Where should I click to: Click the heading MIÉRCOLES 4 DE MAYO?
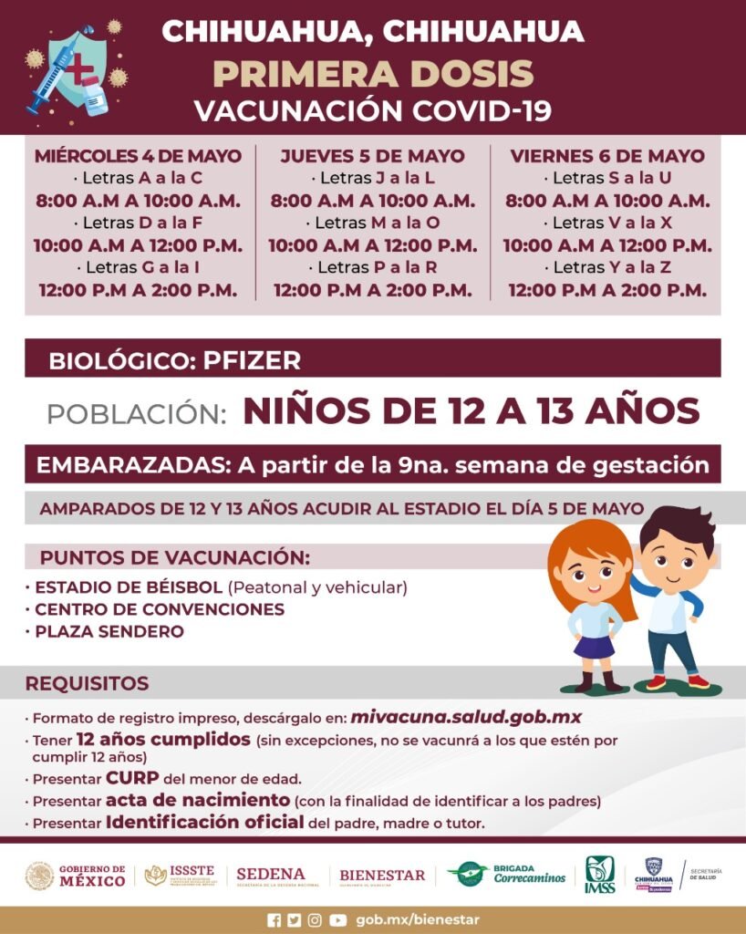[x=138, y=156]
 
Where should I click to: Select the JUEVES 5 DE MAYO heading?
[x=372, y=156]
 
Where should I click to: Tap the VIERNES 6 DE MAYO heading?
[x=607, y=156]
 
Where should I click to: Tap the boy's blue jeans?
[x=673, y=647]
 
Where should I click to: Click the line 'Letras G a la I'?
[x=138, y=267]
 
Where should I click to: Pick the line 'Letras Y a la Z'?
[x=607, y=267]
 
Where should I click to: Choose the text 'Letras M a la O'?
[x=372, y=223]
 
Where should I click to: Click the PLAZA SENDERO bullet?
[x=109, y=631]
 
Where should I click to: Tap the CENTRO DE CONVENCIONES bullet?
[x=159, y=609]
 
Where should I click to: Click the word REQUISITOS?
[x=87, y=683]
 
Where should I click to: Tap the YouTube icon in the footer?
[x=338, y=920]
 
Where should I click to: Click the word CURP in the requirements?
[x=132, y=779]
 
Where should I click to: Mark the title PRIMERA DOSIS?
[x=372, y=73]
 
